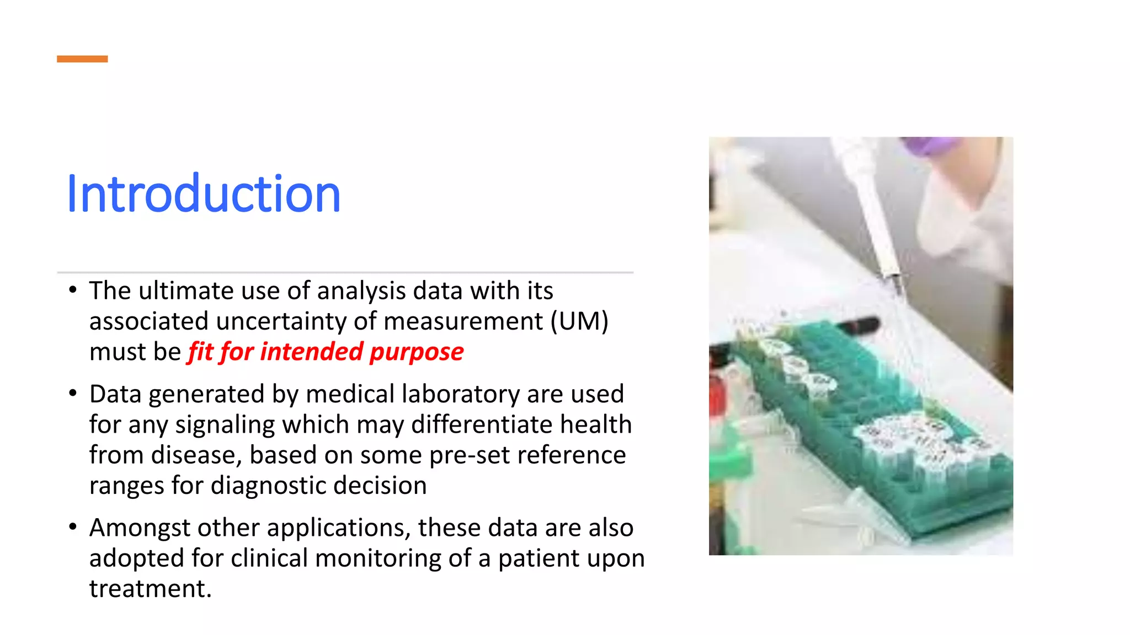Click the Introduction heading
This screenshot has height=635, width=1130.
[203, 193]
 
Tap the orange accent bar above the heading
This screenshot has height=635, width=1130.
[82, 59]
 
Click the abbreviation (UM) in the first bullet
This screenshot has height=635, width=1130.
[579, 321]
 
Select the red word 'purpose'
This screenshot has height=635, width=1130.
[417, 352]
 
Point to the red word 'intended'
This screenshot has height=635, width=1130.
[312, 352]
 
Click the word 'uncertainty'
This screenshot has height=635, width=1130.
[281, 321]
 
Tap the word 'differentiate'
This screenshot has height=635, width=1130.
[482, 424]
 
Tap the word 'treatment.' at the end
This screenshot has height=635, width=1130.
[151, 589]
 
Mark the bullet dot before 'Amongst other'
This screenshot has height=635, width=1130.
[73, 527]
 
